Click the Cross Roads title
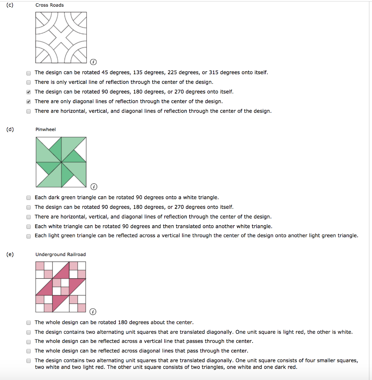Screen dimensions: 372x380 click(x=49, y=5)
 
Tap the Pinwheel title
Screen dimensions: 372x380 click(x=46, y=130)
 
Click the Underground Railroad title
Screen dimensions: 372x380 click(x=61, y=255)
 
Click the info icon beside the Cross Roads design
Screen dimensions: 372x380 click(x=93, y=62)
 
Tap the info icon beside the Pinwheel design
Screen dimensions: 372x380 click(x=94, y=187)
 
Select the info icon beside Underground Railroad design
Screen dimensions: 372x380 click(x=93, y=312)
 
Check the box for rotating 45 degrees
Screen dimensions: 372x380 click(x=29, y=73)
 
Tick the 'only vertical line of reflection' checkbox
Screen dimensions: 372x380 click(x=29, y=82)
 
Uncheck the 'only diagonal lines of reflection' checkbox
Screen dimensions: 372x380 click(x=29, y=102)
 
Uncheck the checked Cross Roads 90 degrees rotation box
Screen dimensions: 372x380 click(x=29, y=92)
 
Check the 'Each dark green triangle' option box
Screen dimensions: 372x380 click(x=29, y=198)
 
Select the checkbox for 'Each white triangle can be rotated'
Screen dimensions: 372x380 click(x=29, y=227)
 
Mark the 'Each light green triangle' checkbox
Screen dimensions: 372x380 click(x=29, y=236)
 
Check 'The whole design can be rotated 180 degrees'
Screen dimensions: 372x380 click(x=29, y=323)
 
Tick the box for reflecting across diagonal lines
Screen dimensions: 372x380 click(x=29, y=351)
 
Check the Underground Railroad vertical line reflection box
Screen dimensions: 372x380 click(x=29, y=342)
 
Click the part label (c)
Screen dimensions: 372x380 click(x=10, y=5)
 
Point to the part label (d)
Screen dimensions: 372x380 click(x=10, y=130)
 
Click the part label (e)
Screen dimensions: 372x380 click(x=10, y=255)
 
